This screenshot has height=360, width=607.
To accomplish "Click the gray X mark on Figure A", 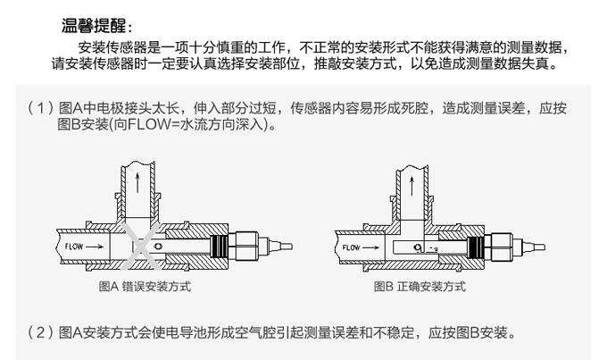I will [x=144, y=247].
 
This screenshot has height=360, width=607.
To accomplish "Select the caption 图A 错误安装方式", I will [x=144, y=287].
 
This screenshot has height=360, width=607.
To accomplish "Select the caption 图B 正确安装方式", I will [x=420, y=287].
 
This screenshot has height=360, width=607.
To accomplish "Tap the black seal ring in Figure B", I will [x=477, y=246].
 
